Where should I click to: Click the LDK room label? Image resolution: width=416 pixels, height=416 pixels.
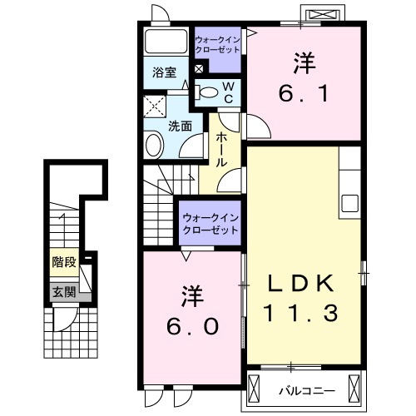pos(301,285)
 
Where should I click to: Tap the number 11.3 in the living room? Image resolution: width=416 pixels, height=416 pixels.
pos(301,314)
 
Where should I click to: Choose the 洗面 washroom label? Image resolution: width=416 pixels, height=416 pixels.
pos(181,126)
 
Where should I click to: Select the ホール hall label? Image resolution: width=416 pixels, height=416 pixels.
pos(222,150)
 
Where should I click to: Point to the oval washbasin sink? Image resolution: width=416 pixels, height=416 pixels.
pos(154,146)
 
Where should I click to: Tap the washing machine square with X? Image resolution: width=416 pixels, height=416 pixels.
pos(154,106)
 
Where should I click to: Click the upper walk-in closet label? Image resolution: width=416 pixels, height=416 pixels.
pos(217,44)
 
